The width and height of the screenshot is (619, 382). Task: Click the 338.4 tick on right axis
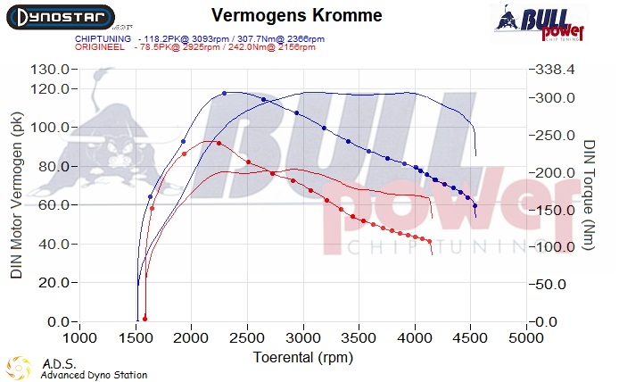click(553, 70)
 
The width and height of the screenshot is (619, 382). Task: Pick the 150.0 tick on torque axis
click(553, 210)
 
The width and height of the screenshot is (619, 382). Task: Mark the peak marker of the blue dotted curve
click(225, 93)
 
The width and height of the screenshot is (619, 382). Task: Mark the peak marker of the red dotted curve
click(219, 142)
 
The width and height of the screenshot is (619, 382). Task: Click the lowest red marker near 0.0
click(144, 318)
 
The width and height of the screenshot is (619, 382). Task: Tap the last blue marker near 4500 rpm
click(475, 205)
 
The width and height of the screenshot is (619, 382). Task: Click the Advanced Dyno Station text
click(94, 375)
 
